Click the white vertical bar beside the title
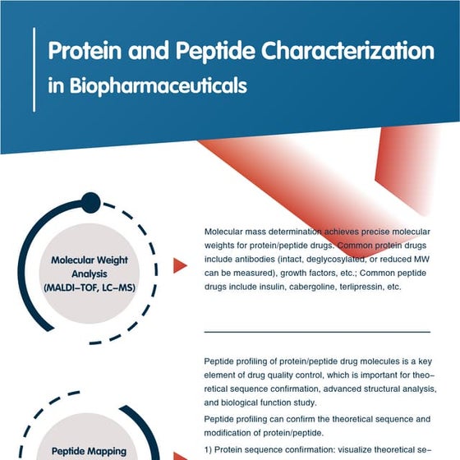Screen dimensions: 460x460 (x=34, y=69)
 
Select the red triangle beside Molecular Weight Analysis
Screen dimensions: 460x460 (x=178, y=265)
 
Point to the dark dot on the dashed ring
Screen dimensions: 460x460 (x=91, y=203)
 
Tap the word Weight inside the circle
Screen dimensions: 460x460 (x=113, y=260)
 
